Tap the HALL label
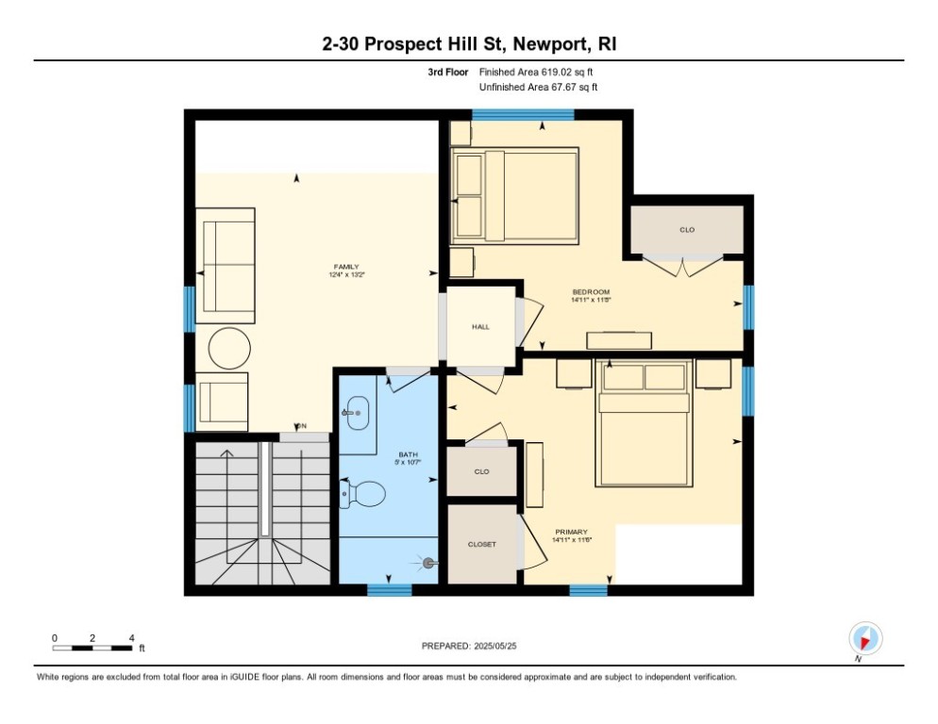[480, 326]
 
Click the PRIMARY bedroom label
[571, 532]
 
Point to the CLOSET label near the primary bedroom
[481, 544]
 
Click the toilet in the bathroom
[365, 493]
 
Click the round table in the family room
[229, 349]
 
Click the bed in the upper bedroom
[514, 195]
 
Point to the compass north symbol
[864, 638]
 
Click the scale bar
[92, 648]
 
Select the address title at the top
[468, 44]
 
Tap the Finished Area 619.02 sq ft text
[535, 72]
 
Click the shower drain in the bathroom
[428, 563]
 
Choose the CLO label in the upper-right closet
[686, 229]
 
